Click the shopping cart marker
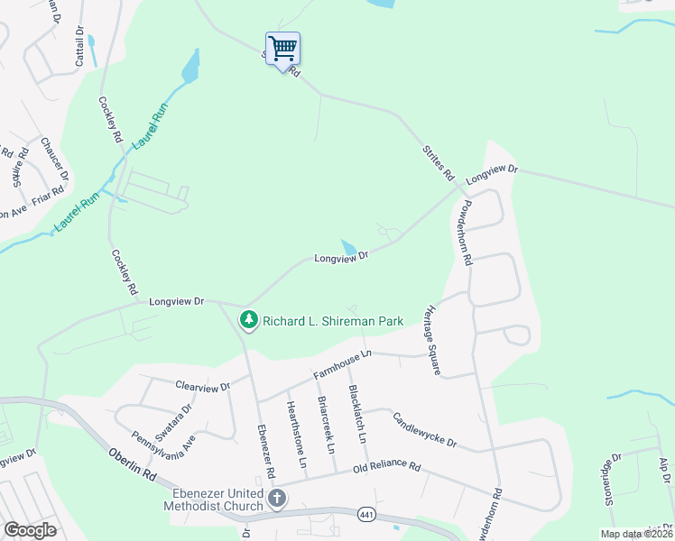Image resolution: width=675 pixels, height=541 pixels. [x=282, y=48]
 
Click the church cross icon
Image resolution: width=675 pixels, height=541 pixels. [x=277, y=498]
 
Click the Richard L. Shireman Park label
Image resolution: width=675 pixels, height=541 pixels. [x=330, y=320]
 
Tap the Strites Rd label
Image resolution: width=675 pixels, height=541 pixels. [x=439, y=161]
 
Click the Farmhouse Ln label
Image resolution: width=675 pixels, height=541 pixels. [x=342, y=363]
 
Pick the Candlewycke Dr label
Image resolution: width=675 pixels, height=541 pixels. [x=425, y=431]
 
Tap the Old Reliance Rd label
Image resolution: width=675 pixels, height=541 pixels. [x=386, y=468]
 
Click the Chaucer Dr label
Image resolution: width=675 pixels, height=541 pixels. [x=54, y=158]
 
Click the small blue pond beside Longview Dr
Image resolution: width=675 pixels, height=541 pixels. [x=347, y=247]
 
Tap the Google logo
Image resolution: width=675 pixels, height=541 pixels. [x=31, y=530]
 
